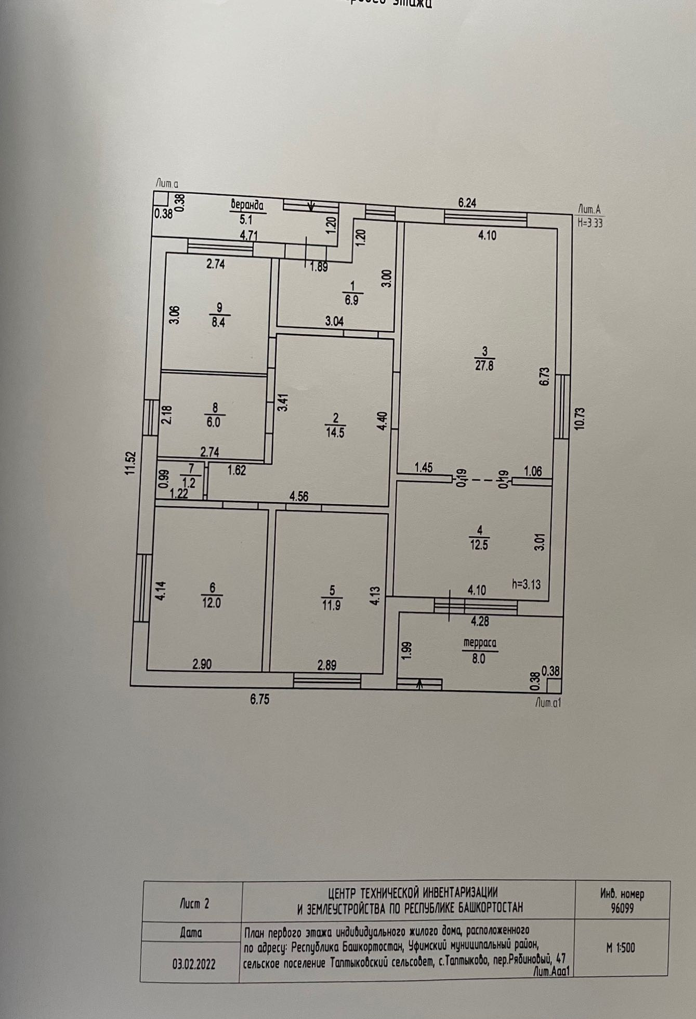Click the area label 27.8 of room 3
pos(485,364)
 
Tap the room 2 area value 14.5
pos(335,433)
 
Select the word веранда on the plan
pos(248,205)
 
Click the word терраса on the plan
pos(480,644)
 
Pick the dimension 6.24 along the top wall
pos(467,204)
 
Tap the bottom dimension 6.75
pos(259,700)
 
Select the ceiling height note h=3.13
pos(526,584)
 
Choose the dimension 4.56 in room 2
pos(299,497)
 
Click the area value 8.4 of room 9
pos(217,322)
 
